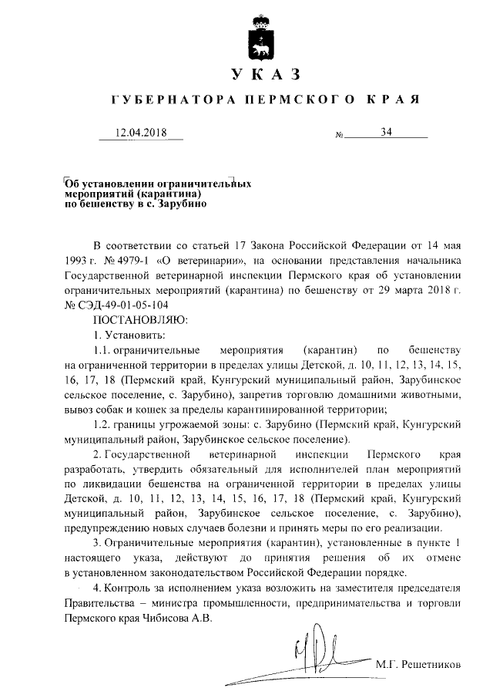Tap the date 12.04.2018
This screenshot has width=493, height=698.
coord(140,133)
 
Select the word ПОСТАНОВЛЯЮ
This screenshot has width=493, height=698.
coord(135,318)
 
